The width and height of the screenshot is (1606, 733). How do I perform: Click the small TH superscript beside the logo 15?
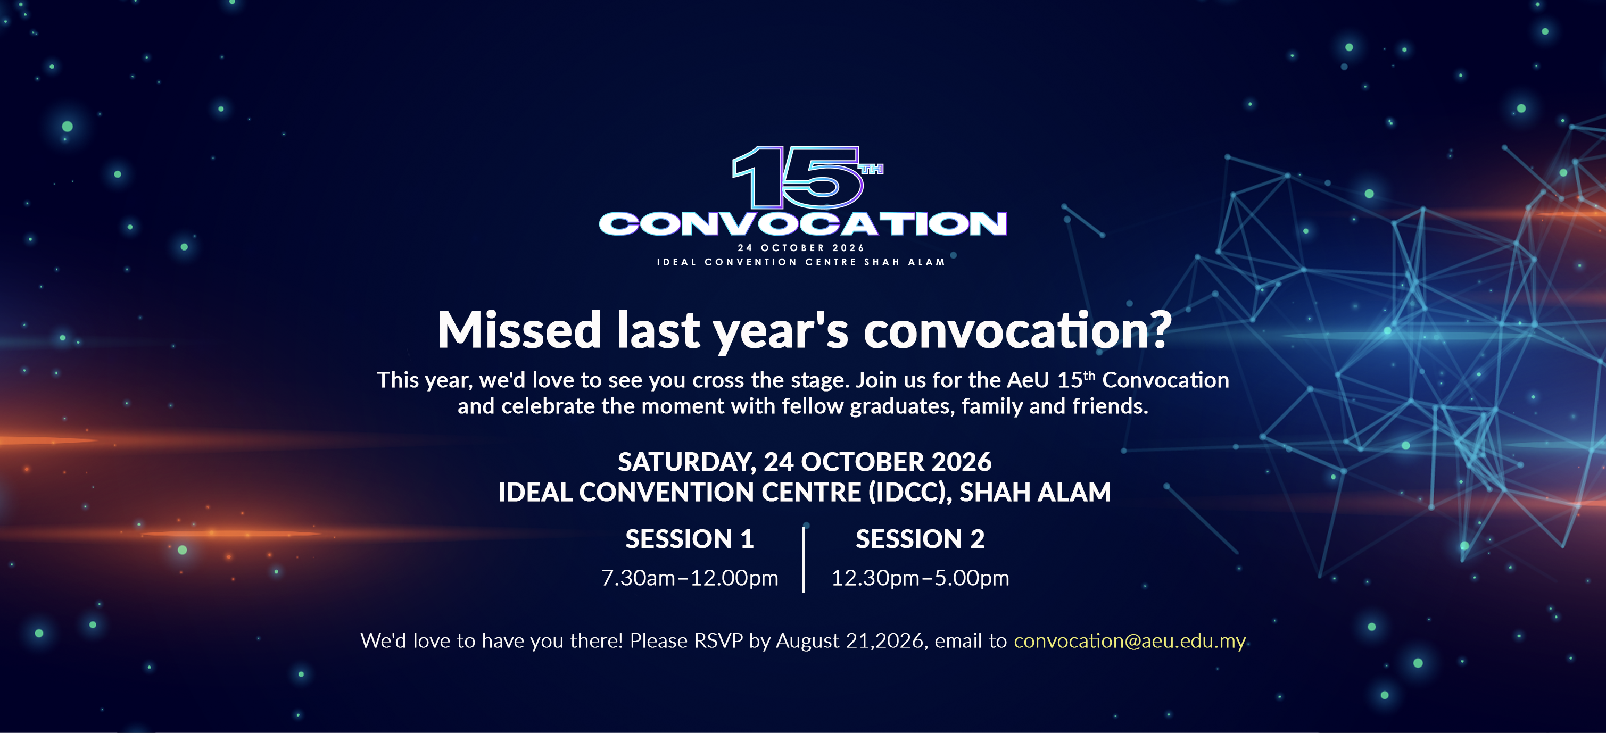pos(872,169)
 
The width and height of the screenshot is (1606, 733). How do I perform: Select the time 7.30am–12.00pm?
pos(690,578)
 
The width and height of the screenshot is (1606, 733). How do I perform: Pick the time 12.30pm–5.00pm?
pos(920,578)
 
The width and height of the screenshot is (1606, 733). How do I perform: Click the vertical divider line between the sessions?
pos(804,559)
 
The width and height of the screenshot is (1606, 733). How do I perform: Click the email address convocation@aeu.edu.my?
pos(1130,641)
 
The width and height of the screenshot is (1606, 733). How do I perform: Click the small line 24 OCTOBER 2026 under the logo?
pos(801,248)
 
